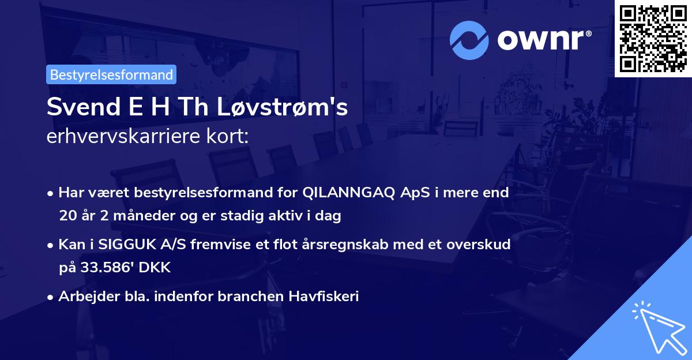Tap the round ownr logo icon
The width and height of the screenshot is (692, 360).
click(469, 40)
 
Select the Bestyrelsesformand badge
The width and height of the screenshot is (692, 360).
click(111, 74)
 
